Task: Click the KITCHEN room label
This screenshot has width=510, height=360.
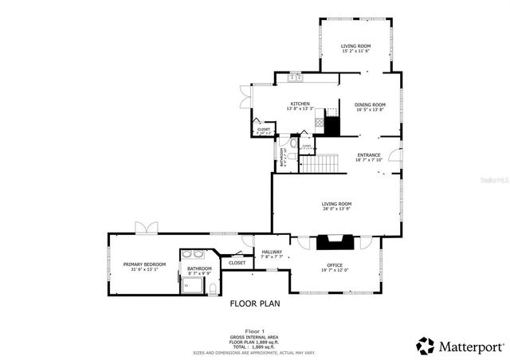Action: (300, 104)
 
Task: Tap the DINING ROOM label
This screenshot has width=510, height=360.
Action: (371, 104)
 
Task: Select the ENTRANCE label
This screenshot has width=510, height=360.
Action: (368, 155)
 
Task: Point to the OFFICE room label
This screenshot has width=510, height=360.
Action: (335, 264)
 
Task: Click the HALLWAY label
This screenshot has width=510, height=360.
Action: (272, 252)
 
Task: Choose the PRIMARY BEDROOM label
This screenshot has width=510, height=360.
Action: (144, 264)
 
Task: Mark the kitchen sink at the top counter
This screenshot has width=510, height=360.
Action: (295, 77)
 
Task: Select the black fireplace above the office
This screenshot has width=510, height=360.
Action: (335, 243)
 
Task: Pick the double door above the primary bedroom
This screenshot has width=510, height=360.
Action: (146, 229)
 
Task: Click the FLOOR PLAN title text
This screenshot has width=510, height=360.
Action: (254, 303)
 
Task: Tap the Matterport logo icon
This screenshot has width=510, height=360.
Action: (426, 346)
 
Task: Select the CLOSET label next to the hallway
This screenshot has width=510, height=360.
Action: (237, 262)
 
